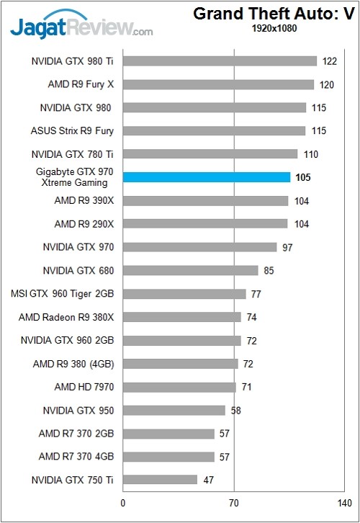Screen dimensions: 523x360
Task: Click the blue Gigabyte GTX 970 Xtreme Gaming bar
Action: [207, 177]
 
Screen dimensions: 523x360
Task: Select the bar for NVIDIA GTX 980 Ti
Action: [220, 61]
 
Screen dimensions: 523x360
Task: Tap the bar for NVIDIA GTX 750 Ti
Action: [160, 480]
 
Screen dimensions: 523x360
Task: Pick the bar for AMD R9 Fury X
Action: [218, 84]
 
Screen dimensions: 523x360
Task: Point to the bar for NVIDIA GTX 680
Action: [190, 270]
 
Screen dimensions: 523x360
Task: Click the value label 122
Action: [330, 61]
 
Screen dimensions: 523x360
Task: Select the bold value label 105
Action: [303, 177]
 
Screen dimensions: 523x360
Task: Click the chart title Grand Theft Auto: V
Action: [276, 14]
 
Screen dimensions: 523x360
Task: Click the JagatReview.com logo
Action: [79, 28]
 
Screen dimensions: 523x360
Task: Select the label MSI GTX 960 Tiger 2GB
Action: [63, 294]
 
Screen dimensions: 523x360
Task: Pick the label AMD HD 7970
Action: [84, 387]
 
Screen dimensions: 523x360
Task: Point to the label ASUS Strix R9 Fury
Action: [73, 131]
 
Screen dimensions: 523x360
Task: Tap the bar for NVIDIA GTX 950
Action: [174, 410]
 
